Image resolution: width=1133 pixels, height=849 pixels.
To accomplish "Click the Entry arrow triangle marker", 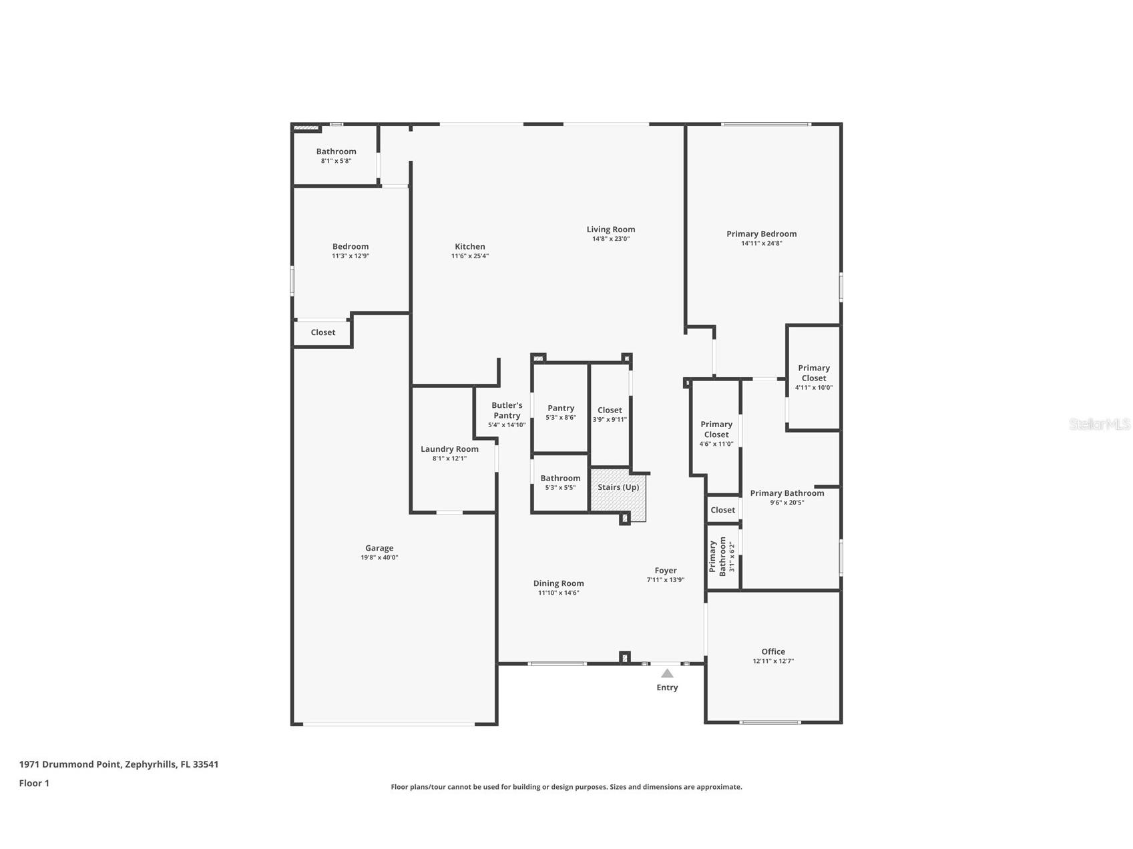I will (x=667, y=673).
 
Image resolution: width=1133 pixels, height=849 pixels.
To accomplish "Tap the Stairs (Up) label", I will (x=618, y=487).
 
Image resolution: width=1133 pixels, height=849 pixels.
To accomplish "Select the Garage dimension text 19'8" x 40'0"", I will (x=379, y=557).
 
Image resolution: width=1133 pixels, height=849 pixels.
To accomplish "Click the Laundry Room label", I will (x=449, y=449).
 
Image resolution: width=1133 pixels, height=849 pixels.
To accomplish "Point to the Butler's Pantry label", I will (x=507, y=410).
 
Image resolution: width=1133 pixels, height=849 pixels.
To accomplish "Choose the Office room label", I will (x=773, y=651).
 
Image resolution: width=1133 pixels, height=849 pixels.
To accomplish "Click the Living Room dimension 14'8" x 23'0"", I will (x=610, y=239).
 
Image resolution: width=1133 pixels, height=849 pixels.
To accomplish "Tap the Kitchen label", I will (x=470, y=246).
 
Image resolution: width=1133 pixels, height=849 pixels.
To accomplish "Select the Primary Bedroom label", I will (x=761, y=234).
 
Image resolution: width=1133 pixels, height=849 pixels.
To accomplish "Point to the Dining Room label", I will (x=558, y=583).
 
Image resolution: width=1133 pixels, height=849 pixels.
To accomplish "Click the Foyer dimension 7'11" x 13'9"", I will (x=665, y=580).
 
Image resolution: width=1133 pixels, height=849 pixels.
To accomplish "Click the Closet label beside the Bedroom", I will (x=323, y=332).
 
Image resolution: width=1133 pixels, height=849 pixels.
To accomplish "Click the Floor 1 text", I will (x=34, y=784).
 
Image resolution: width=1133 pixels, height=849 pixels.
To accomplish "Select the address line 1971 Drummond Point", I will (x=119, y=764).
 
